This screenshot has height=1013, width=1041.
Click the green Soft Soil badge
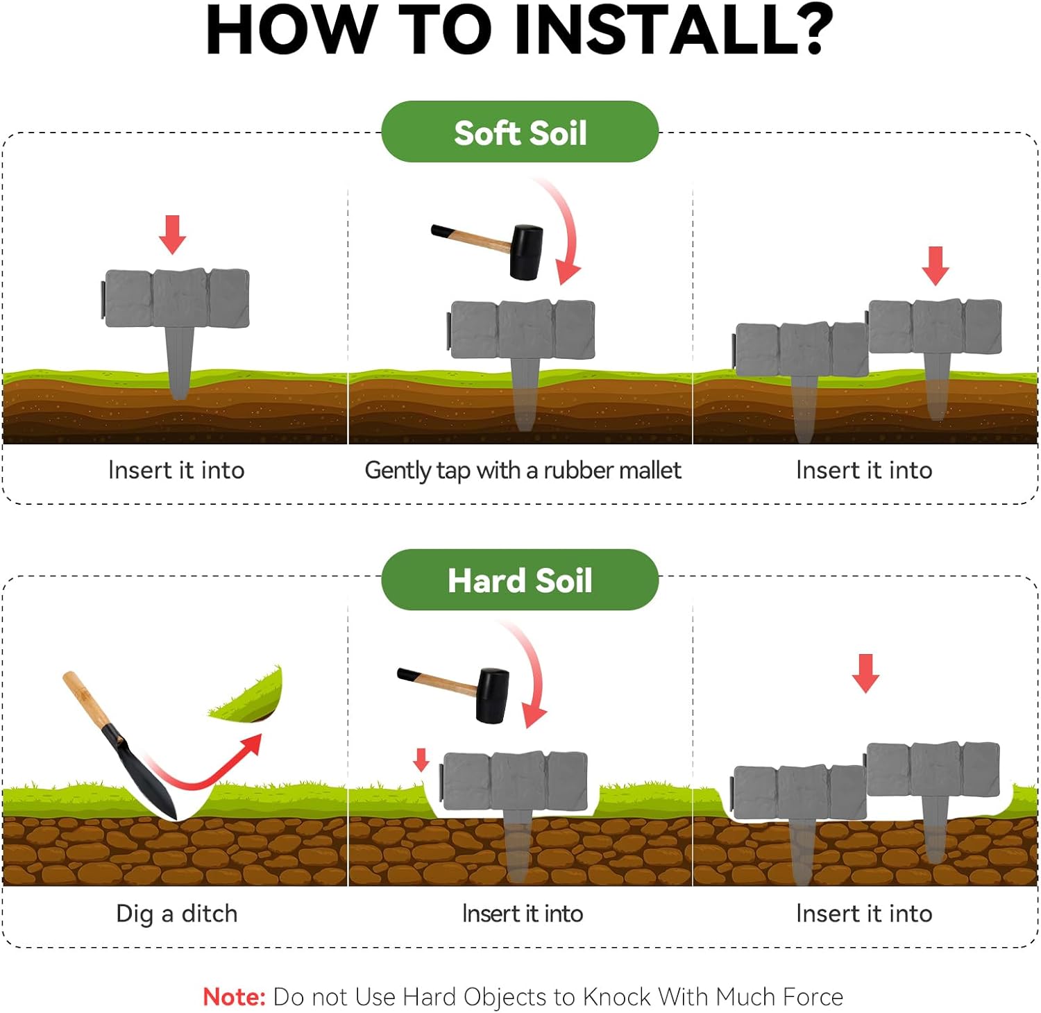click(520, 132)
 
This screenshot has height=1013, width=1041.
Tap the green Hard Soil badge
click(520, 580)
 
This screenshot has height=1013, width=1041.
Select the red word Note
click(234, 997)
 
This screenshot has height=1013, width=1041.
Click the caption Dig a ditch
click(176, 914)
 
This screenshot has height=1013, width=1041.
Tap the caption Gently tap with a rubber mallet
click(523, 471)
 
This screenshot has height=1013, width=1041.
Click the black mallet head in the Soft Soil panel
click(525, 252)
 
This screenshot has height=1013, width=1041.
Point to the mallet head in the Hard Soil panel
click(492, 696)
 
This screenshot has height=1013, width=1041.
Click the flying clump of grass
click(250, 696)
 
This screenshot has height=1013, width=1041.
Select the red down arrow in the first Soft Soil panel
click(172, 235)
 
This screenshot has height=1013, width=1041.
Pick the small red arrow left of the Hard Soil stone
click(421, 760)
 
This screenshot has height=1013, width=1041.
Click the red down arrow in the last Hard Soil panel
click(865, 673)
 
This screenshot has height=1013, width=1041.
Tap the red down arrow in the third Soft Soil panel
click(936, 266)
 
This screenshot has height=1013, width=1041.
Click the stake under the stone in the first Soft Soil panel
click(179, 362)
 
